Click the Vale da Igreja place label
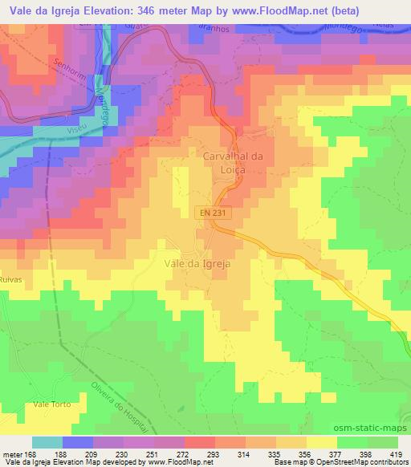coord(197,263)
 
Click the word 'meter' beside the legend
coord(11,453)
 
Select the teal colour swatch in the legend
coord(47,443)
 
